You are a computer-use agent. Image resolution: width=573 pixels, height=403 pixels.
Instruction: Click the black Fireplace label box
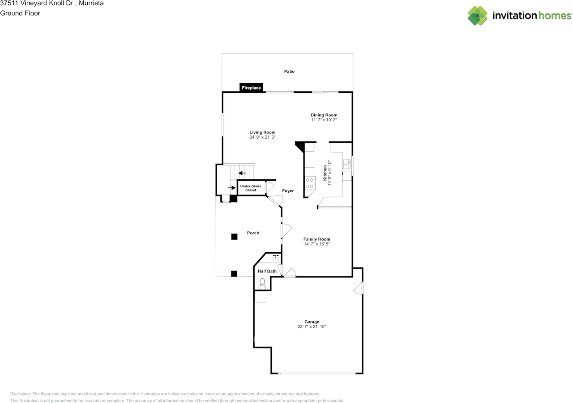(x=251, y=88)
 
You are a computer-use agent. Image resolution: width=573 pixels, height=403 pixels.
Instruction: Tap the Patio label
(x=289, y=72)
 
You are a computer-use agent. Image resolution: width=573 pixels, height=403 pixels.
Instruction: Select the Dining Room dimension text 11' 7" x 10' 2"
(x=324, y=120)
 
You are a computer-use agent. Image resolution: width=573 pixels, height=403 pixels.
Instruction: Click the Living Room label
(x=262, y=132)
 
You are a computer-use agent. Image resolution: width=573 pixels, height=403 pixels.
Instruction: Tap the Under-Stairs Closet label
(x=251, y=188)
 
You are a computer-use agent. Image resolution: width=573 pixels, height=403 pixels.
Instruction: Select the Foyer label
(x=288, y=191)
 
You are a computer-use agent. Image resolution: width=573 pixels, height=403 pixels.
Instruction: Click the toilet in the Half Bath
(x=262, y=282)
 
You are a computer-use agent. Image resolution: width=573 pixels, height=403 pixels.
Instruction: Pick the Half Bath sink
(x=276, y=258)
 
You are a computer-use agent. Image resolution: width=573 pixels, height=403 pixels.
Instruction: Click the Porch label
(x=253, y=233)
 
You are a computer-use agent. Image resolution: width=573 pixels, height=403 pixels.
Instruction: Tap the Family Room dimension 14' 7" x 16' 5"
(x=316, y=244)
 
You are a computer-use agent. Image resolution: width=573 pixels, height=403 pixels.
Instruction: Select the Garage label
(x=312, y=322)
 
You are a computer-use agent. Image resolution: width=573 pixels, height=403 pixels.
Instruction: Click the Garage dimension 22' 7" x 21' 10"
(x=312, y=327)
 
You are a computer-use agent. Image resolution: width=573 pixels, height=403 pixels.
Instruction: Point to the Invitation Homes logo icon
(x=477, y=16)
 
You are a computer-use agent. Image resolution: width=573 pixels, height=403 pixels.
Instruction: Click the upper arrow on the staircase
(x=242, y=173)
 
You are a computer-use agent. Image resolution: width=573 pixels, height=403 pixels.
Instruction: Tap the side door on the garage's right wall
(x=359, y=289)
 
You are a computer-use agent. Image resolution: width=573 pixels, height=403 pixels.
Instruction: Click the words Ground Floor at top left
(x=20, y=13)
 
